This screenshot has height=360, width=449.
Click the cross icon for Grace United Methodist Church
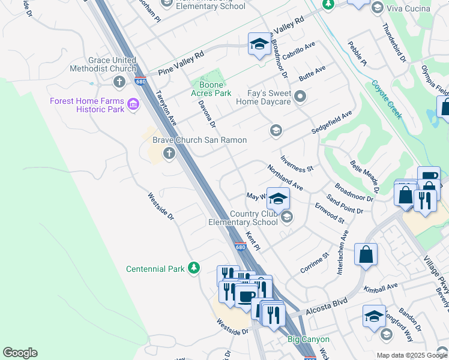pyautogui.click(x=119, y=82)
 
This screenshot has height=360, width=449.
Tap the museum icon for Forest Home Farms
pyautogui.click(x=133, y=106)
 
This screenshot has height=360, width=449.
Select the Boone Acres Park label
pyautogui.click(x=211, y=89)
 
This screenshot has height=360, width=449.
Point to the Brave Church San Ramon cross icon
pyautogui.click(x=169, y=153)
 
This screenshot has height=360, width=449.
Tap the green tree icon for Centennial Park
pyautogui.click(x=193, y=268)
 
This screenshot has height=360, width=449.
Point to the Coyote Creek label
pyautogui.click(x=386, y=100)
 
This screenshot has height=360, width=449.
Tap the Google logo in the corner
pyautogui.click(x=20, y=353)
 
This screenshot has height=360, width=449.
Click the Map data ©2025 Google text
pyautogui.click(x=411, y=355)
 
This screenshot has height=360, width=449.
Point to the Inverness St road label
pyautogui.click(x=297, y=163)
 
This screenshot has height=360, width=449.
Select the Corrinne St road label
pyautogui.click(x=315, y=263)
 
